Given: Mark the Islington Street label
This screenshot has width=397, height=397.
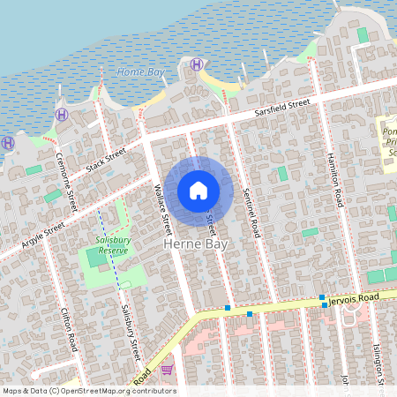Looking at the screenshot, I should [x=378, y=362].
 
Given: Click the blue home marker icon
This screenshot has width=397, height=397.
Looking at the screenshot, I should [x=198, y=191].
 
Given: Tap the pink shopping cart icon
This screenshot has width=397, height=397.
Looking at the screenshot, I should [x=167, y=369].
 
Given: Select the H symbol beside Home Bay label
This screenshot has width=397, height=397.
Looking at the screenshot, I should [x=196, y=64].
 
